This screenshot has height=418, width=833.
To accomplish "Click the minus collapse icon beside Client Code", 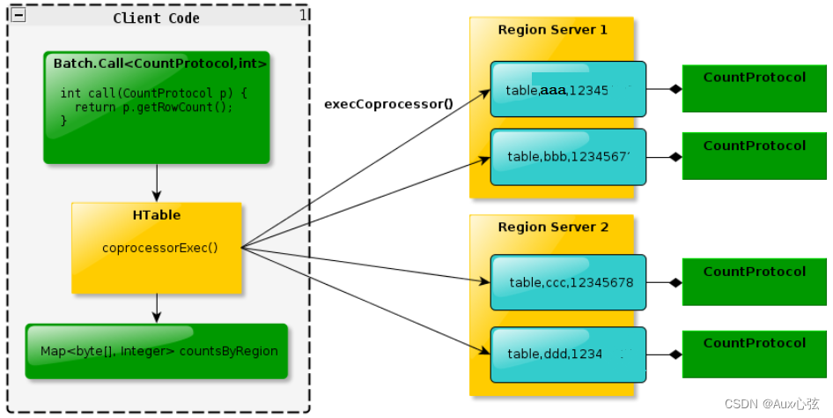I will tap(18, 16).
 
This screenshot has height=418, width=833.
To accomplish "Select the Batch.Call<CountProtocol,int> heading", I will tap(159, 63).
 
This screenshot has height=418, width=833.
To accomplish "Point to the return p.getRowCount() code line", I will tap(153, 107).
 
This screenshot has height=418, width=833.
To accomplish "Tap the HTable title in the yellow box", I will tap(157, 215).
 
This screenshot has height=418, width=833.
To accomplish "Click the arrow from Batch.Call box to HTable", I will tap(157, 183).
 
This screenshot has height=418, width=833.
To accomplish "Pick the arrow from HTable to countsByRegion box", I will tap(157, 308).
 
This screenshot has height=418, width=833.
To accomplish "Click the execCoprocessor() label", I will tap(388, 103).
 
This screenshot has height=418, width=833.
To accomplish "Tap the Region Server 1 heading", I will tap(552, 30).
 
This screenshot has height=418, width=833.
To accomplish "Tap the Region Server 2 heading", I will tap(552, 228).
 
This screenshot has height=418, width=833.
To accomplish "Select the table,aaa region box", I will tap(568, 89).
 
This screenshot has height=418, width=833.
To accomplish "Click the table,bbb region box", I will tap(568, 157).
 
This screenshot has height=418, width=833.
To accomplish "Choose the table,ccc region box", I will tap(568, 283).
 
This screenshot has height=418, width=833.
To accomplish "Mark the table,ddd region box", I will tap(568, 355).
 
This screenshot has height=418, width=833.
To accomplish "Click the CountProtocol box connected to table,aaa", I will tap(754, 88).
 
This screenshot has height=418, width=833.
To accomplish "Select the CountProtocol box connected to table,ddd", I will tap(754, 354).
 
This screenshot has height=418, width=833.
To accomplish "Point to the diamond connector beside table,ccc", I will tap(675, 283).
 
